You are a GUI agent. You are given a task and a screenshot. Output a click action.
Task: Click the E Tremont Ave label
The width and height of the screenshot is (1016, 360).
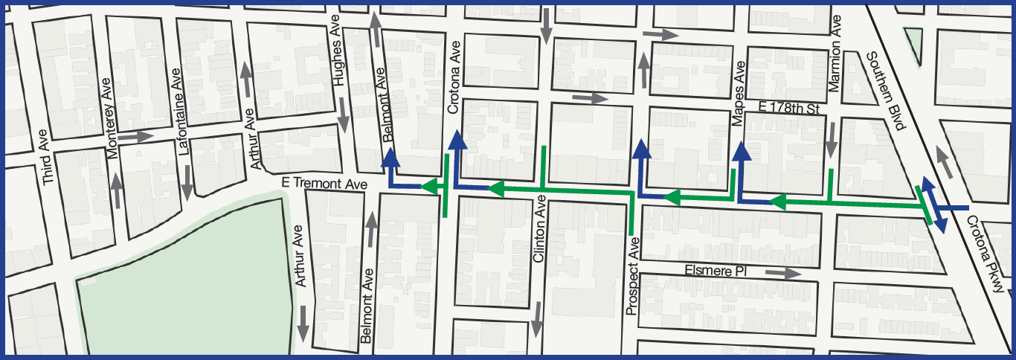click(x=326, y=183)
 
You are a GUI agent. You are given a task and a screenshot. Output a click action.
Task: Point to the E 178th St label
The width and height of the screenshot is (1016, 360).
click(x=788, y=109)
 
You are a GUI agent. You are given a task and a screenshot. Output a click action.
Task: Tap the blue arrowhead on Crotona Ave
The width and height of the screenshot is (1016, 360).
click(x=457, y=143)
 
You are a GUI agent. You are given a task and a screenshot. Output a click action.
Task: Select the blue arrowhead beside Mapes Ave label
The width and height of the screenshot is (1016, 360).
click(x=742, y=152)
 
